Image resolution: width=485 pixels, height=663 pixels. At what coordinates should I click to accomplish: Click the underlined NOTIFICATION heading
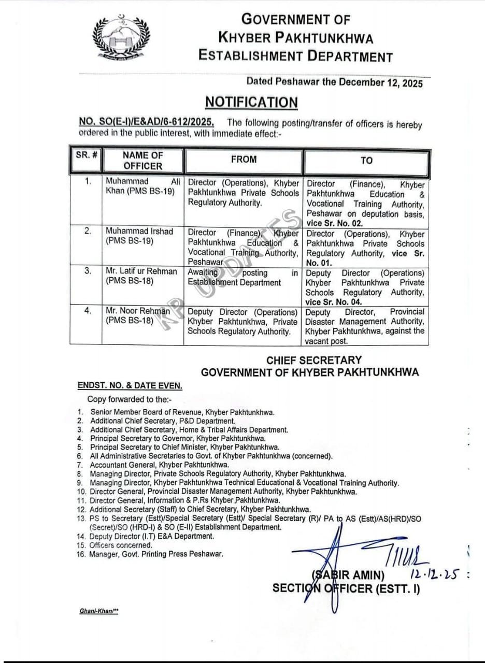point(251,102)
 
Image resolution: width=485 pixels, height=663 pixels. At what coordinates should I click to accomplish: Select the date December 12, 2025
point(382,83)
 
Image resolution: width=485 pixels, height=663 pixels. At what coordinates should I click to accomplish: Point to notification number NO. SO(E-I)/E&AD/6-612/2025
point(146,123)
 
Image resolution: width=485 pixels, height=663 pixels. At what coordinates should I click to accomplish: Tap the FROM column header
point(244,160)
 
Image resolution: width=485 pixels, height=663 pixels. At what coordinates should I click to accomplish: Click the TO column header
point(366,161)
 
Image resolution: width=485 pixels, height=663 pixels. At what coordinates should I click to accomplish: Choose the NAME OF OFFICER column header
point(142,161)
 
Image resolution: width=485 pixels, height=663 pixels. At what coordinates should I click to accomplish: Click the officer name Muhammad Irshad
point(139,231)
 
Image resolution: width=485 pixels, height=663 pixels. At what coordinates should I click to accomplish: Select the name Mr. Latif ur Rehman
point(141,271)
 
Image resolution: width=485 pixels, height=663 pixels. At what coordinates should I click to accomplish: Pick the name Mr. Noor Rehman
point(138,311)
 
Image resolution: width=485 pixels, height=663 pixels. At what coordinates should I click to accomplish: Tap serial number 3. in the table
point(89,270)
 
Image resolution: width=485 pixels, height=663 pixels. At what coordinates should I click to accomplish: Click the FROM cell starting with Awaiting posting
point(243,278)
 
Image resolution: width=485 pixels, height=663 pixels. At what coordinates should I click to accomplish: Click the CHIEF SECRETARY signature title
point(314,360)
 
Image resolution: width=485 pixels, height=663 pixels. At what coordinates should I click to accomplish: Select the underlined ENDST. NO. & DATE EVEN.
point(130,386)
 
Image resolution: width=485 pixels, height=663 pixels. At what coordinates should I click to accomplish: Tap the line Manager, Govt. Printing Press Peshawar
point(156,554)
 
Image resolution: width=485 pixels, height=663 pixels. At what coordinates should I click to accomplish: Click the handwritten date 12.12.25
point(435,573)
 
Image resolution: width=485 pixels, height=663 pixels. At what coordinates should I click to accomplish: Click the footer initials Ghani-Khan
point(99,611)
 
